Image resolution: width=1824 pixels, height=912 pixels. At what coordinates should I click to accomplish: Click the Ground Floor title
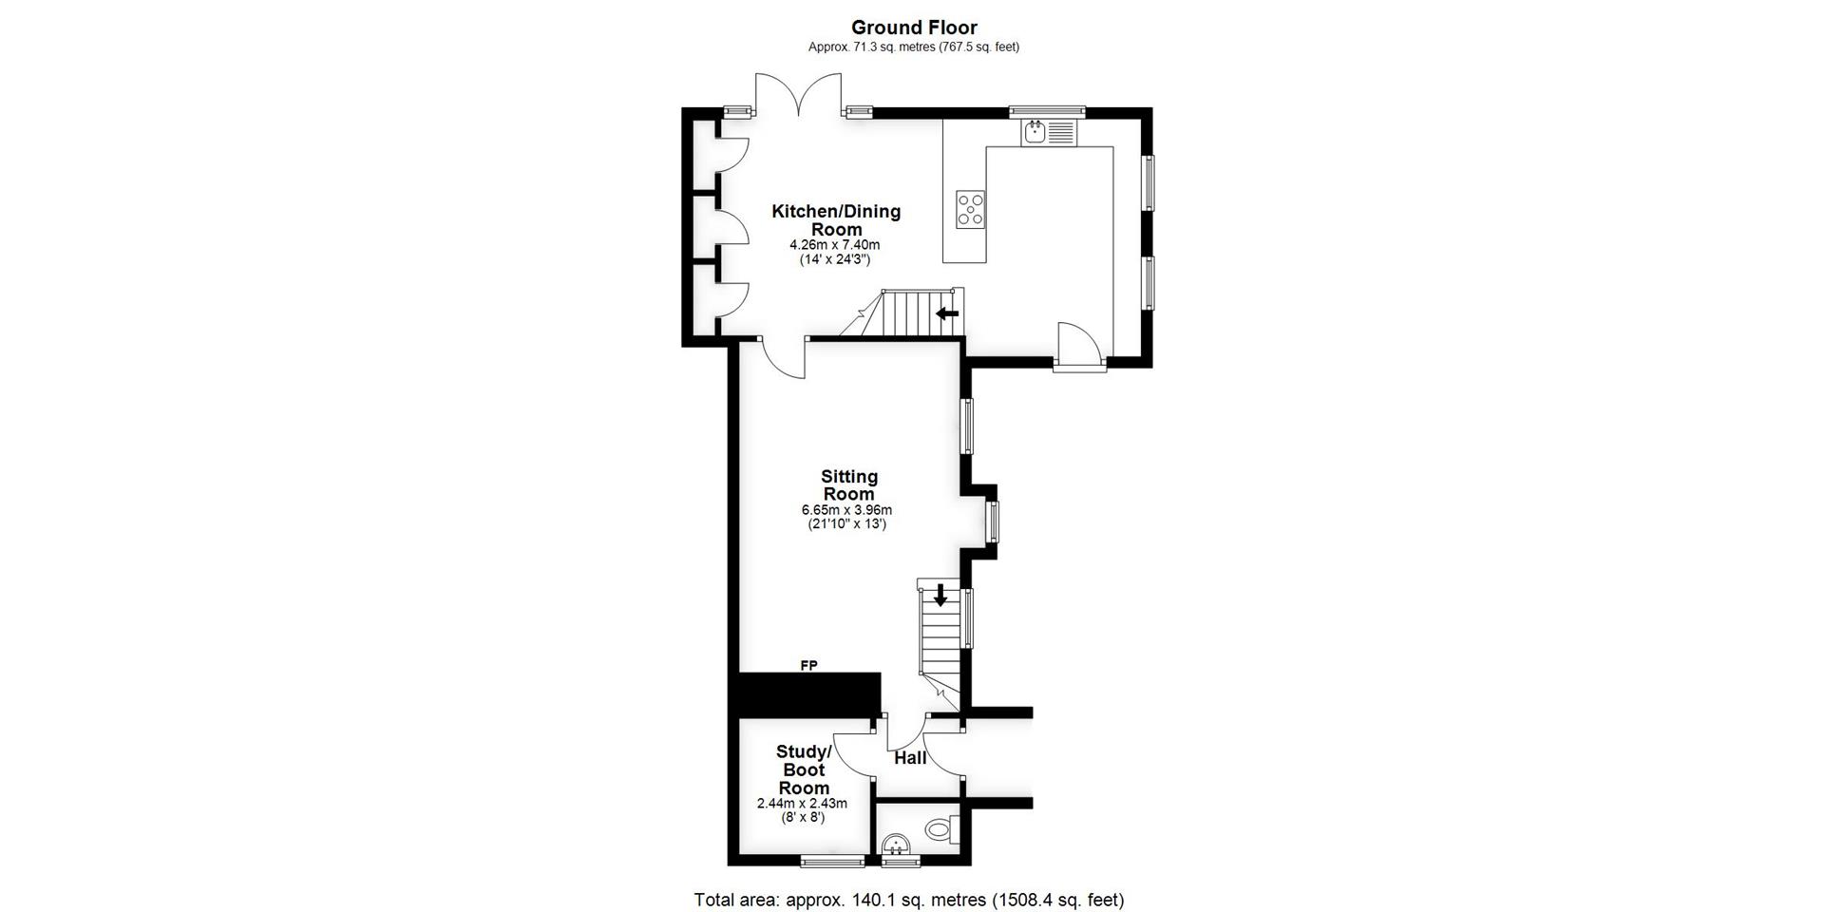pyautogui.click(x=913, y=28)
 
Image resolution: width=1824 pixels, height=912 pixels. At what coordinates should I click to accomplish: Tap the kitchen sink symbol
pyautogui.click(x=1049, y=132)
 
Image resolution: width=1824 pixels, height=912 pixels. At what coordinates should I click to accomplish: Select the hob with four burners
pyautogui.click(x=970, y=209)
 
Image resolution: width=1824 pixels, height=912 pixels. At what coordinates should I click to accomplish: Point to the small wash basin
pyautogui.click(x=896, y=845)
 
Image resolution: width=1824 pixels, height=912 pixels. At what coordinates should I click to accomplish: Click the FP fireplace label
pyautogui.click(x=808, y=665)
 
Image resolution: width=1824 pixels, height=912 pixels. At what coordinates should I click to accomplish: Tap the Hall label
pyautogui.click(x=910, y=757)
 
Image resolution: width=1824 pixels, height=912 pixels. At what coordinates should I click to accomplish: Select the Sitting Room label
pyautogui.click(x=848, y=484)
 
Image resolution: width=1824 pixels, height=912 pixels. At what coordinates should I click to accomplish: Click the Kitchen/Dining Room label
pyautogui.click(x=835, y=219)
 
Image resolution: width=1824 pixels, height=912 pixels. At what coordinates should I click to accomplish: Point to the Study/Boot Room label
pyautogui.click(x=804, y=769)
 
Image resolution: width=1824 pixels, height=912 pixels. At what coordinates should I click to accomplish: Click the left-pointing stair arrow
pyautogui.click(x=947, y=313)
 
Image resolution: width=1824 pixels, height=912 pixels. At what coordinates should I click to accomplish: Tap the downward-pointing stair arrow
pyautogui.click(x=940, y=596)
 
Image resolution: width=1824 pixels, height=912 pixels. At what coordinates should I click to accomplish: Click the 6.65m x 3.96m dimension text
pyautogui.click(x=846, y=510)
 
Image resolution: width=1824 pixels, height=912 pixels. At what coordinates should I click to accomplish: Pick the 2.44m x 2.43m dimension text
pyautogui.click(x=802, y=803)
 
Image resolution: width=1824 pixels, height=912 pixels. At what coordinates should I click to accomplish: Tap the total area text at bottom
pyautogui.click(x=908, y=899)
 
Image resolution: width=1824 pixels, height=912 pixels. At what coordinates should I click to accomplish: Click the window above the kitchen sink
pyautogui.click(x=1046, y=109)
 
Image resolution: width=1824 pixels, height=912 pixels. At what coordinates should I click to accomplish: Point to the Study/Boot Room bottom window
pyautogui.click(x=832, y=862)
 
